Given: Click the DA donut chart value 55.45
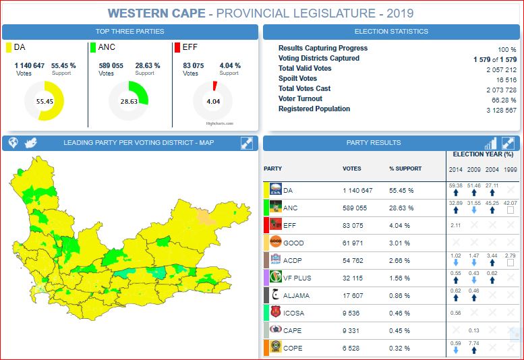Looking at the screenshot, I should click(45, 101).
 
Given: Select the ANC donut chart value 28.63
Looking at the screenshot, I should click(129, 101).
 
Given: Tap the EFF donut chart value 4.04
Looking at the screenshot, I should click(213, 101).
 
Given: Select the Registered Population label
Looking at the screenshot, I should click(314, 109).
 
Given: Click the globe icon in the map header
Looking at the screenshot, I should click(13, 143).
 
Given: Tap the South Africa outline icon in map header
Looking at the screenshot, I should click(30, 143).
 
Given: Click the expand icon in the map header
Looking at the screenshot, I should click(247, 143).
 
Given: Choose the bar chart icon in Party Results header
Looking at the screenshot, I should click(490, 143).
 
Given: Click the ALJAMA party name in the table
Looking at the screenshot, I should click(297, 295).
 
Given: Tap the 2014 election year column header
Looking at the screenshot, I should click(456, 169).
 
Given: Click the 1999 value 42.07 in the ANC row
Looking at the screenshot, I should click(511, 202).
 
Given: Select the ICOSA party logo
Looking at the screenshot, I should click(275, 312).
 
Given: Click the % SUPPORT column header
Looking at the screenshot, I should click(405, 169).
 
